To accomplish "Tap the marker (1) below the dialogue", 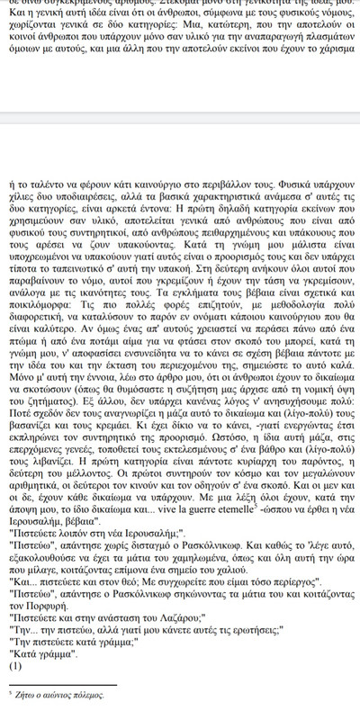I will (x=13, y=667).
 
